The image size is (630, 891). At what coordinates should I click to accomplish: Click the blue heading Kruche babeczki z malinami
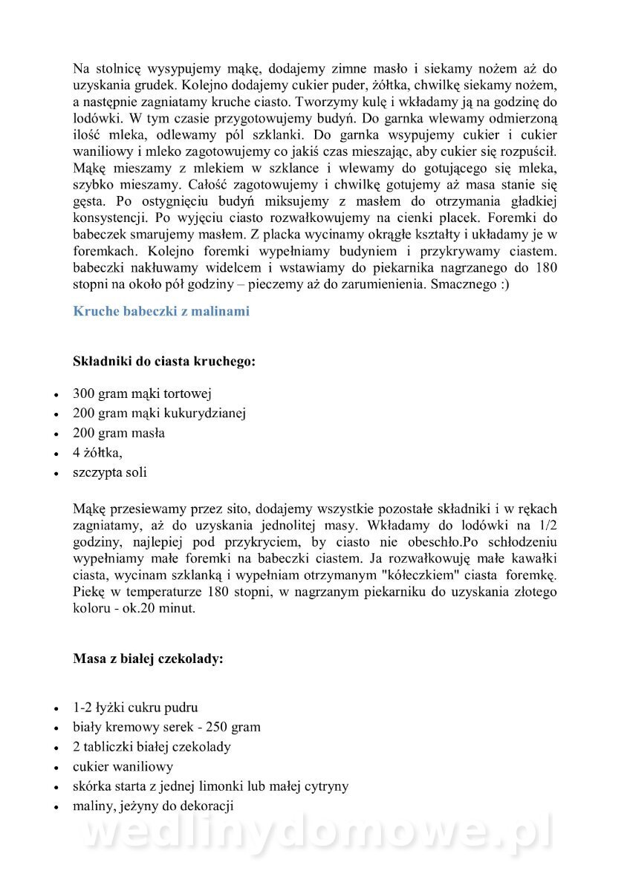click(x=161, y=311)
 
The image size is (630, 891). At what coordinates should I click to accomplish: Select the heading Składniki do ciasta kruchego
click(x=164, y=362)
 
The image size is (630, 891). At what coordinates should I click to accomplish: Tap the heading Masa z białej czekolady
click(x=148, y=658)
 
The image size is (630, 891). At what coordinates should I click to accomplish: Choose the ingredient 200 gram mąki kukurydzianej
click(x=159, y=413)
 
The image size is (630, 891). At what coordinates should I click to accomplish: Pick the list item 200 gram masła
click(x=119, y=433)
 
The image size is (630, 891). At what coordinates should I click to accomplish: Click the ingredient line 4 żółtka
click(x=97, y=452)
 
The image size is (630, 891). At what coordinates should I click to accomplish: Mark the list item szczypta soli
click(x=110, y=472)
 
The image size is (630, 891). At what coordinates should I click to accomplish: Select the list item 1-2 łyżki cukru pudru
click(x=135, y=708)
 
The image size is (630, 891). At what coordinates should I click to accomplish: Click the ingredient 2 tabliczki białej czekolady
click(x=152, y=747)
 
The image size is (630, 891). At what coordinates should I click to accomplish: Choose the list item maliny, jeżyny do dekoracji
click(x=153, y=806)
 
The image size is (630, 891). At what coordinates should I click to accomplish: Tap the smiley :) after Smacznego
click(x=504, y=284)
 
